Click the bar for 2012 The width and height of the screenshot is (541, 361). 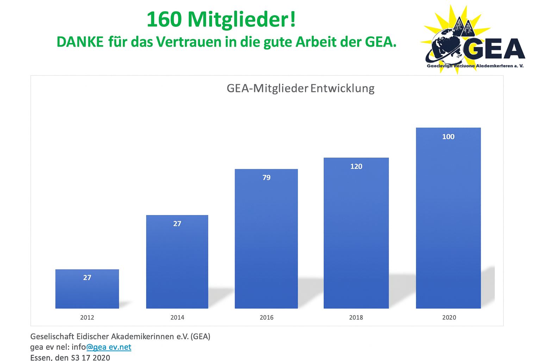[x=87, y=289]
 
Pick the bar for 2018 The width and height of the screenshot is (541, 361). [x=356, y=233]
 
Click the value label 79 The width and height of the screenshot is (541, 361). [x=266, y=178]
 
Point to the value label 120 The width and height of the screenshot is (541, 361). [x=356, y=166]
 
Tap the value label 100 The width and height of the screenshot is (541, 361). [x=448, y=137]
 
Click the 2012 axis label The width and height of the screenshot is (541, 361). [x=87, y=317]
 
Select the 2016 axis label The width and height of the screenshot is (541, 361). [x=266, y=317]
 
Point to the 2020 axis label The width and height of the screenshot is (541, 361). [x=449, y=317]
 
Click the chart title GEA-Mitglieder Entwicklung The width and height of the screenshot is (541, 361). [x=300, y=88]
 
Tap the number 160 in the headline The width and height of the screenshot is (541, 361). [x=164, y=19]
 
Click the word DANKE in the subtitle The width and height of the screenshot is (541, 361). [x=80, y=42]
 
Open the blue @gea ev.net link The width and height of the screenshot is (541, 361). [x=109, y=347]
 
